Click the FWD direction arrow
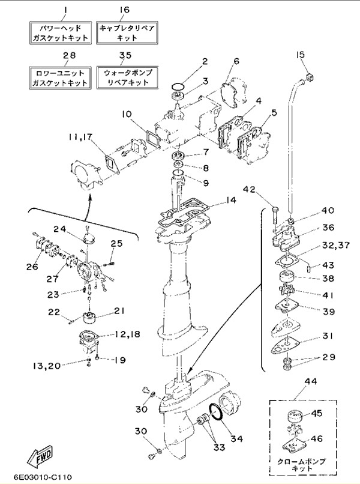click(x=40, y=455)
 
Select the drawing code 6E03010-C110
click(x=43, y=477)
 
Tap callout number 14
click(x=230, y=200)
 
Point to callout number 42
click(x=248, y=189)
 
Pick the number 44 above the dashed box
click(x=311, y=382)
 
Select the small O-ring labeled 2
click(x=178, y=86)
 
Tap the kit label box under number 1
click(x=61, y=32)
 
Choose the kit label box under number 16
click(x=127, y=32)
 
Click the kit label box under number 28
click(x=61, y=78)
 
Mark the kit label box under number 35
click(x=127, y=78)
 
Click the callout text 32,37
click(x=335, y=246)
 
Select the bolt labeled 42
click(x=275, y=216)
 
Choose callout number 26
click(x=32, y=267)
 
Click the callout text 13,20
click(x=47, y=366)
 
